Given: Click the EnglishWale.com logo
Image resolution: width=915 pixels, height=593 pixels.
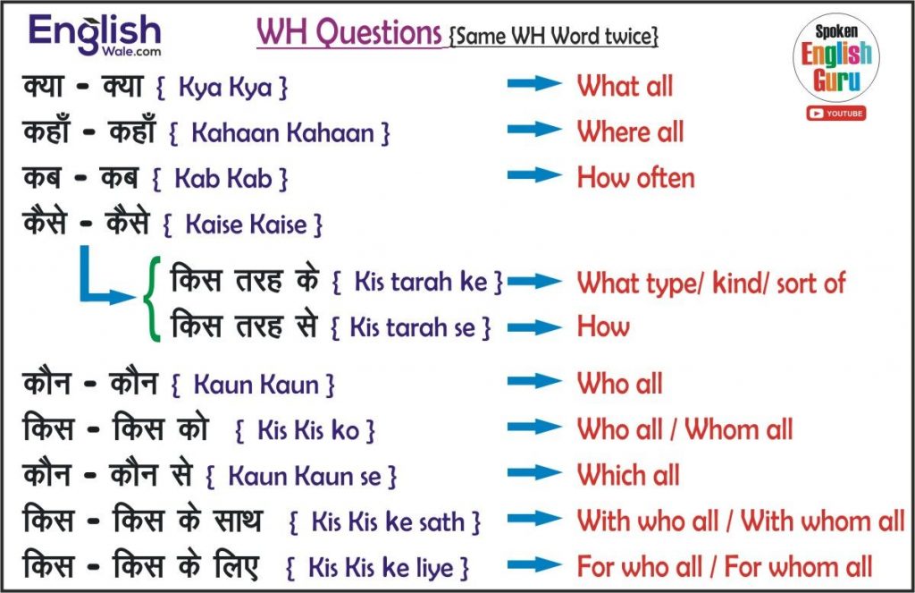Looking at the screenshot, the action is click(95, 35).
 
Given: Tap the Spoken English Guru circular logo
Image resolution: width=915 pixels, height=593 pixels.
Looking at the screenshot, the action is click(836, 59).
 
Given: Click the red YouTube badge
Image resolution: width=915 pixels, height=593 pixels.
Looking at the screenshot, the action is click(836, 114).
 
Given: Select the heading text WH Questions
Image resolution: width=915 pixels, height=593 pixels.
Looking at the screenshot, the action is click(349, 32).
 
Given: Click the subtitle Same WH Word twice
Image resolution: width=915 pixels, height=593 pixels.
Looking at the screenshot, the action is click(554, 36).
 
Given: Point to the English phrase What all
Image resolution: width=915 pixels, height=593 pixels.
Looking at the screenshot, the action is click(625, 86).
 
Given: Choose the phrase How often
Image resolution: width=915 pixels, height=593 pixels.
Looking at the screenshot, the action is click(636, 178).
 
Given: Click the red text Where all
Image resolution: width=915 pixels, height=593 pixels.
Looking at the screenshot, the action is click(630, 132).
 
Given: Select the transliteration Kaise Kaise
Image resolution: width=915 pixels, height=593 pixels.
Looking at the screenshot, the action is click(243, 224).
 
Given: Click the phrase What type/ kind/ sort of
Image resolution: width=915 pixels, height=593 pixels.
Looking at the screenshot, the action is click(711, 284).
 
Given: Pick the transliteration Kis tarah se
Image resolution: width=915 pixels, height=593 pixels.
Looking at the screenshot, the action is click(411, 327).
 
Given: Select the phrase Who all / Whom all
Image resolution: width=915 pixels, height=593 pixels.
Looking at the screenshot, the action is click(685, 429).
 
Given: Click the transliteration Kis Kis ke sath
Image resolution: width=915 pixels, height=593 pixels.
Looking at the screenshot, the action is click(384, 521).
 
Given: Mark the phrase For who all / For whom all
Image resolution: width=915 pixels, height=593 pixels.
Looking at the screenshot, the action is click(725, 567).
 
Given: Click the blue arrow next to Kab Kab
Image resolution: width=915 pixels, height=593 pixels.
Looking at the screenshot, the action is click(534, 175).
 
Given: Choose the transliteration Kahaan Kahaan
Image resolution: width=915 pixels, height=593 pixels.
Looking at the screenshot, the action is click(280, 133).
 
